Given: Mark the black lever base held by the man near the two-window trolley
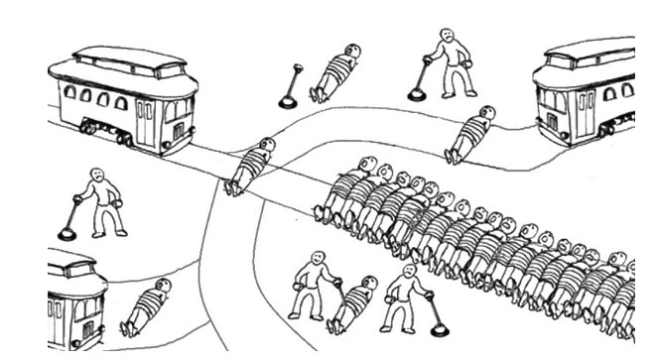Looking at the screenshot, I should [x=417, y=95].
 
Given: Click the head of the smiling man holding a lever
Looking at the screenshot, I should [x=319, y=259].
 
